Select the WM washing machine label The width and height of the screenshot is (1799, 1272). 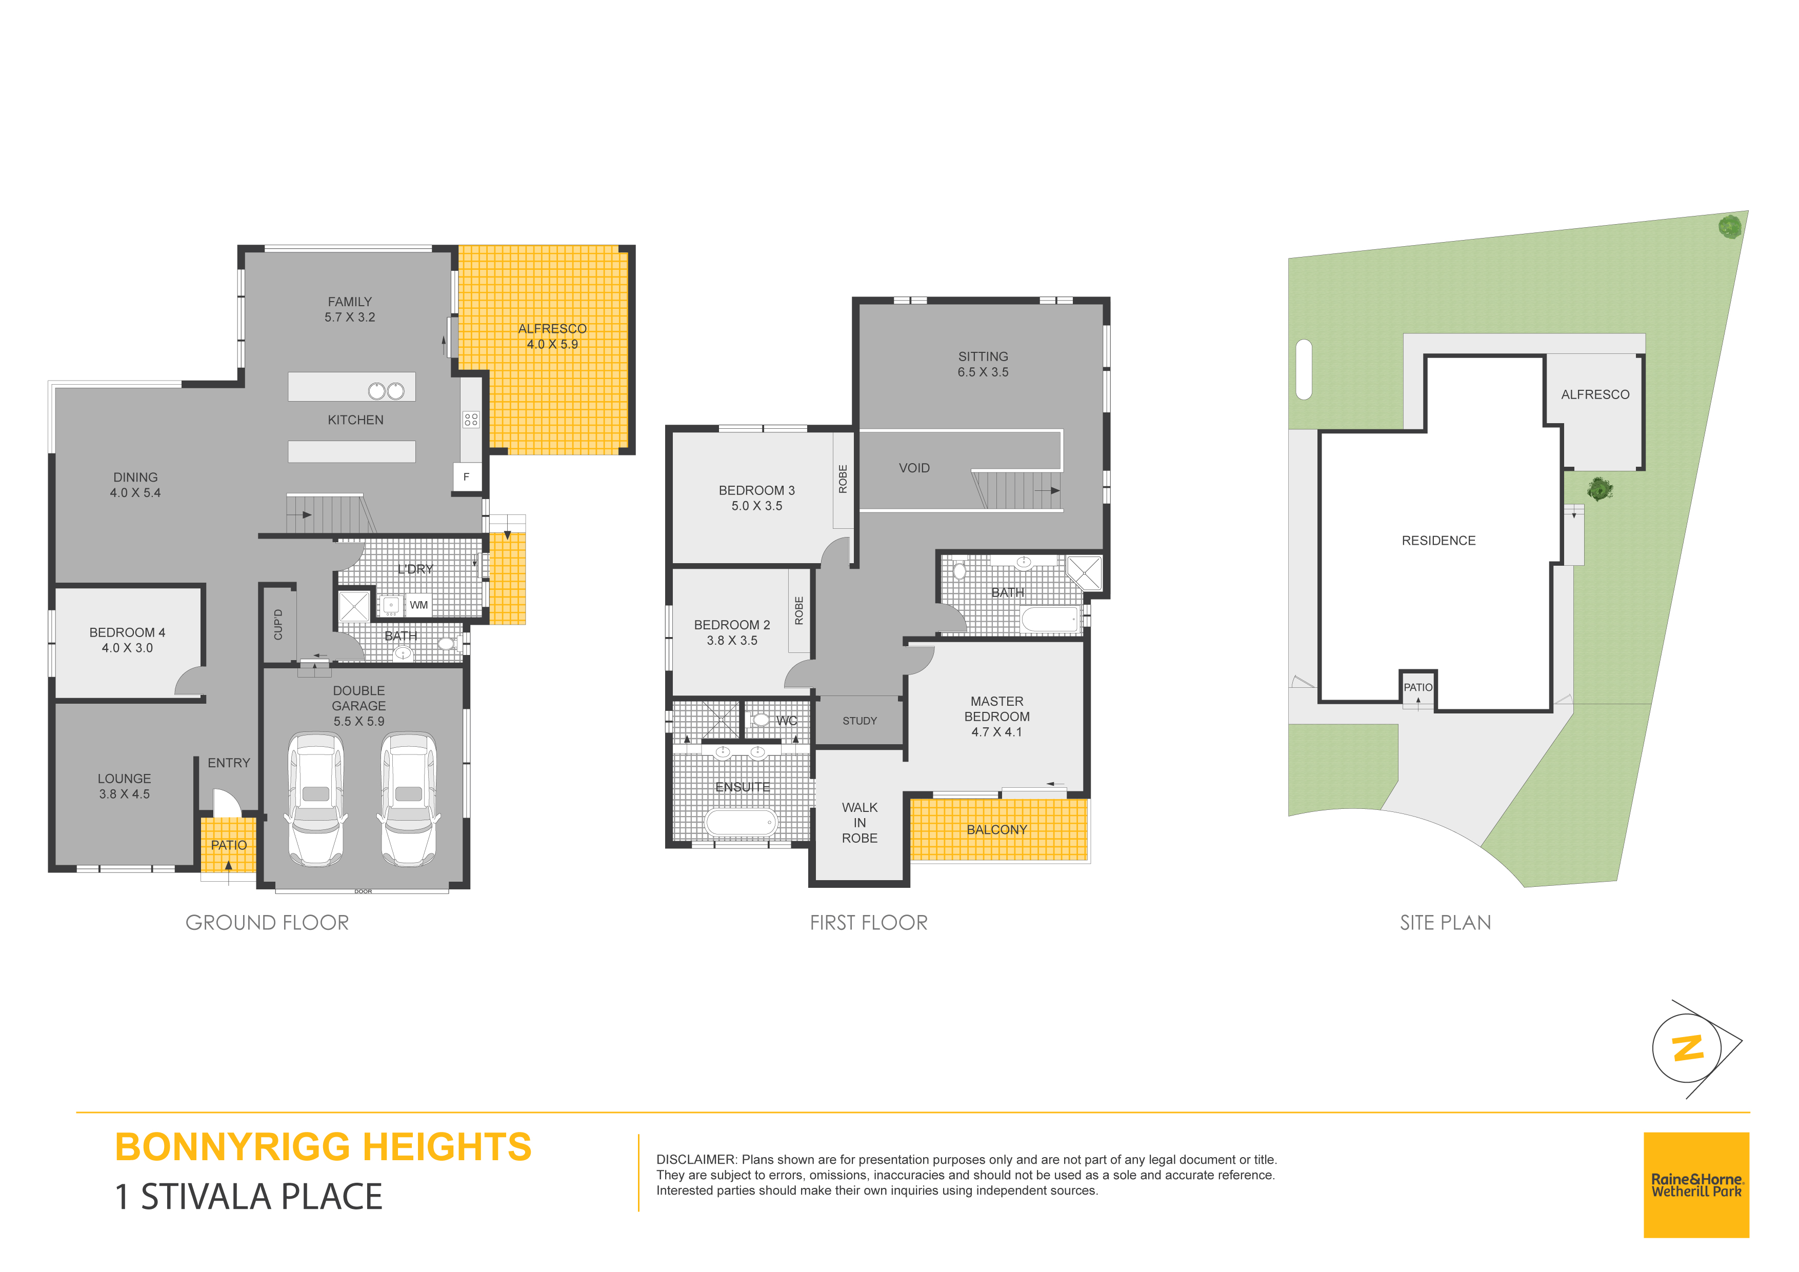click(x=419, y=605)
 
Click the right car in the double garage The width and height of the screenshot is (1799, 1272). click(x=408, y=800)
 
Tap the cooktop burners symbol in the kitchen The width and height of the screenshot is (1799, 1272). click(x=471, y=419)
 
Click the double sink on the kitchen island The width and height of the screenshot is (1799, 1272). click(x=386, y=390)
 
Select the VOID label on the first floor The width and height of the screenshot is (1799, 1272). click(x=914, y=468)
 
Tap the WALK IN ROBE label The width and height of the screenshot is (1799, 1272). click(x=859, y=823)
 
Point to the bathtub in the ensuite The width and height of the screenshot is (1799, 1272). click(x=741, y=822)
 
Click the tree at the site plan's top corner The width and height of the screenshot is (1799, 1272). click(x=1729, y=227)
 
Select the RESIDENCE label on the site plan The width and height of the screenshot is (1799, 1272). click(x=1438, y=541)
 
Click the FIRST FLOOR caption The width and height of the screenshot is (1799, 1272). click(x=868, y=922)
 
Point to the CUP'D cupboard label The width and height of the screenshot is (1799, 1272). click(x=278, y=625)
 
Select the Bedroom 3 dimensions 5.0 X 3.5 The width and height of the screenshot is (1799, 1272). click(x=757, y=506)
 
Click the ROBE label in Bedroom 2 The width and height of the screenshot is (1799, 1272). click(x=799, y=610)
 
